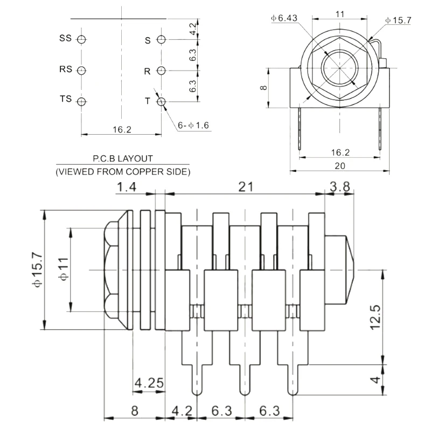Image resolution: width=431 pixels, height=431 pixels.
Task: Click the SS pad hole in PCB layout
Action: click(81, 39)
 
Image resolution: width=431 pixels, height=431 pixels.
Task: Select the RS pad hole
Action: click(81, 71)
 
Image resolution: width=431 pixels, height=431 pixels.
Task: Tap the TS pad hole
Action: click(81, 102)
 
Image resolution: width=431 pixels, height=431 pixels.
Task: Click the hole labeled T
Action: click(161, 102)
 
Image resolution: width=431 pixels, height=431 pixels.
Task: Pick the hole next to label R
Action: click(161, 71)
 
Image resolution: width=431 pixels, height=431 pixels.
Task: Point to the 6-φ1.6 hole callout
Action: click(193, 126)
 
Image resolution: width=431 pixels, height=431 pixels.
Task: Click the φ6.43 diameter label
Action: click(284, 18)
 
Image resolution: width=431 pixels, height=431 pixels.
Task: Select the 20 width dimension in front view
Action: click(340, 166)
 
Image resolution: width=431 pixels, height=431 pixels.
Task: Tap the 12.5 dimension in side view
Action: click(376, 317)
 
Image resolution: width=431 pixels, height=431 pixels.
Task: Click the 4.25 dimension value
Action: click(149, 383)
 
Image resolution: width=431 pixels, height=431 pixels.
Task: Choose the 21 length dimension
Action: click(246, 187)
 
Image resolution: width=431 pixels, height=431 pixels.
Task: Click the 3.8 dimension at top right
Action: click(340, 187)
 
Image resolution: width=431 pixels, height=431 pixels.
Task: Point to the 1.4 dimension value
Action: click(127, 187)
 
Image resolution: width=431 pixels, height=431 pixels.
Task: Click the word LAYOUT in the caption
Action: click(135, 158)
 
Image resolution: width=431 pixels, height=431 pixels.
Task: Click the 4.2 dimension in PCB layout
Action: click(193, 29)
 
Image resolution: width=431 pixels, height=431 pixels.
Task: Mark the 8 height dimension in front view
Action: click(263, 88)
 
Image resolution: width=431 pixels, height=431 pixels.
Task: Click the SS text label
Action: click(65, 38)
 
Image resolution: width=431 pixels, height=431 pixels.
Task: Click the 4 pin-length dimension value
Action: click(376, 380)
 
